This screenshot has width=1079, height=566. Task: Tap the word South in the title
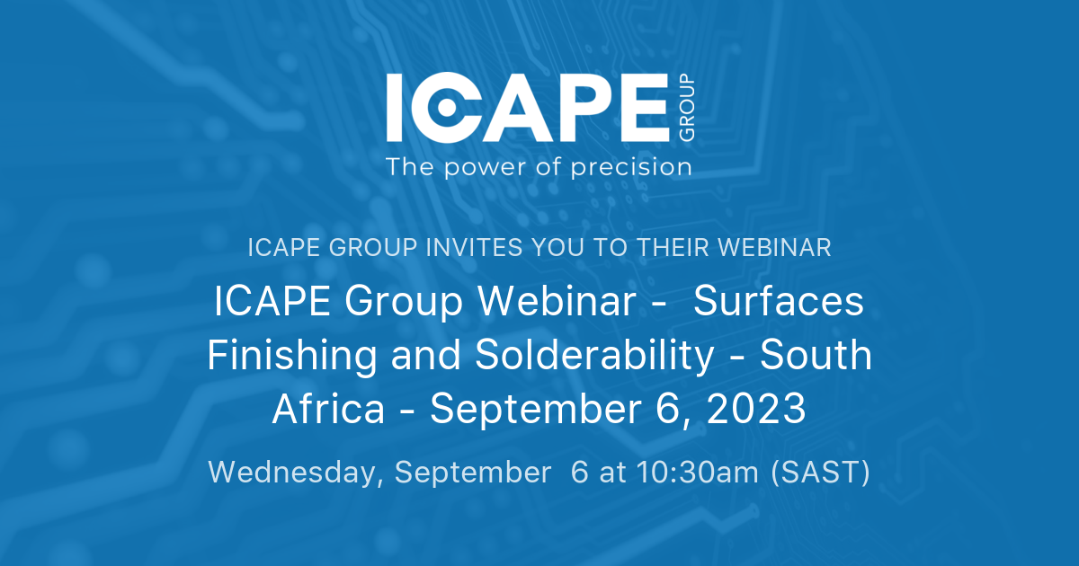pyautogui.click(x=816, y=357)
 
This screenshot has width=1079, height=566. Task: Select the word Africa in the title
pyautogui.click(x=327, y=411)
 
